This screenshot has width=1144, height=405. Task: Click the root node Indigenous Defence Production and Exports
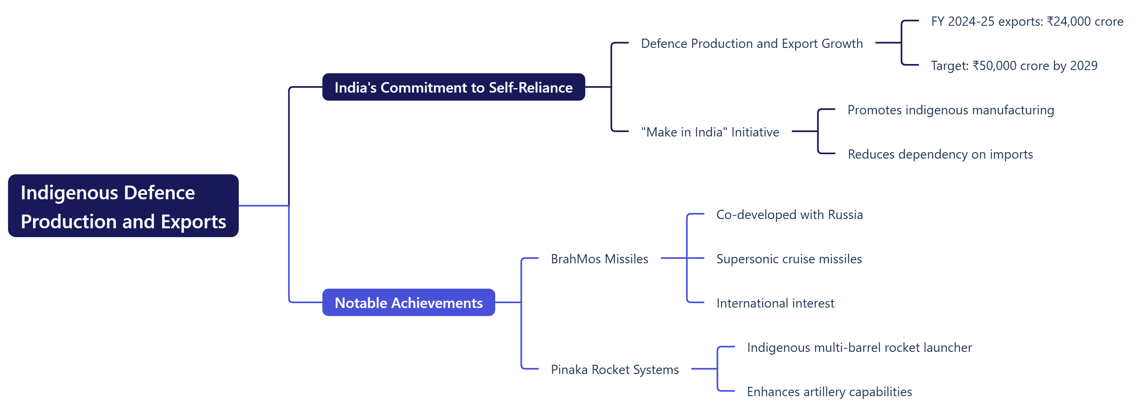(x=123, y=206)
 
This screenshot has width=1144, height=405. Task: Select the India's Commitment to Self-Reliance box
(x=453, y=87)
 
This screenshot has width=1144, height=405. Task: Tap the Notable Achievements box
(x=408, y=302)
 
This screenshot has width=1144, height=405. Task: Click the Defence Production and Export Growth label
(x=752, y=43)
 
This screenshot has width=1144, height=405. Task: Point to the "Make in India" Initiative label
(x=710, y=132)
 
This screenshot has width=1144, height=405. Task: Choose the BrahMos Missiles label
(x=599, y=259)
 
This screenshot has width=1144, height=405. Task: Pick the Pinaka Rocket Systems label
(x=615, y=370)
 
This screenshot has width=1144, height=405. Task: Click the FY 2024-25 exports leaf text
(x=1027, y=21)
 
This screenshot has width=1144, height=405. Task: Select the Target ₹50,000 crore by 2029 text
(x=1014, y=66)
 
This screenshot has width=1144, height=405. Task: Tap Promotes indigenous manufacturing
(x=950, y=110)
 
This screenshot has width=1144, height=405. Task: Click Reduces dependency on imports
(x=940, y=154)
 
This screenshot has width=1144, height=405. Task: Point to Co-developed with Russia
(x=789, y=215)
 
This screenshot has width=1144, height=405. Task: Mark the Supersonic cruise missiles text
(x=789, y=259)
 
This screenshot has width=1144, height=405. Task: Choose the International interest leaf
(x=775, y=303)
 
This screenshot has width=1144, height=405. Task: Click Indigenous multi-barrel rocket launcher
(x=859, y=347)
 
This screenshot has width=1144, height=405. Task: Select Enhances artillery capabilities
(x=829, y=392)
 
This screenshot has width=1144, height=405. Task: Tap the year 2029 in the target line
(x=1084, y=66)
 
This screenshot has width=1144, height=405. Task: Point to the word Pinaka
(x=569, y=370)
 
